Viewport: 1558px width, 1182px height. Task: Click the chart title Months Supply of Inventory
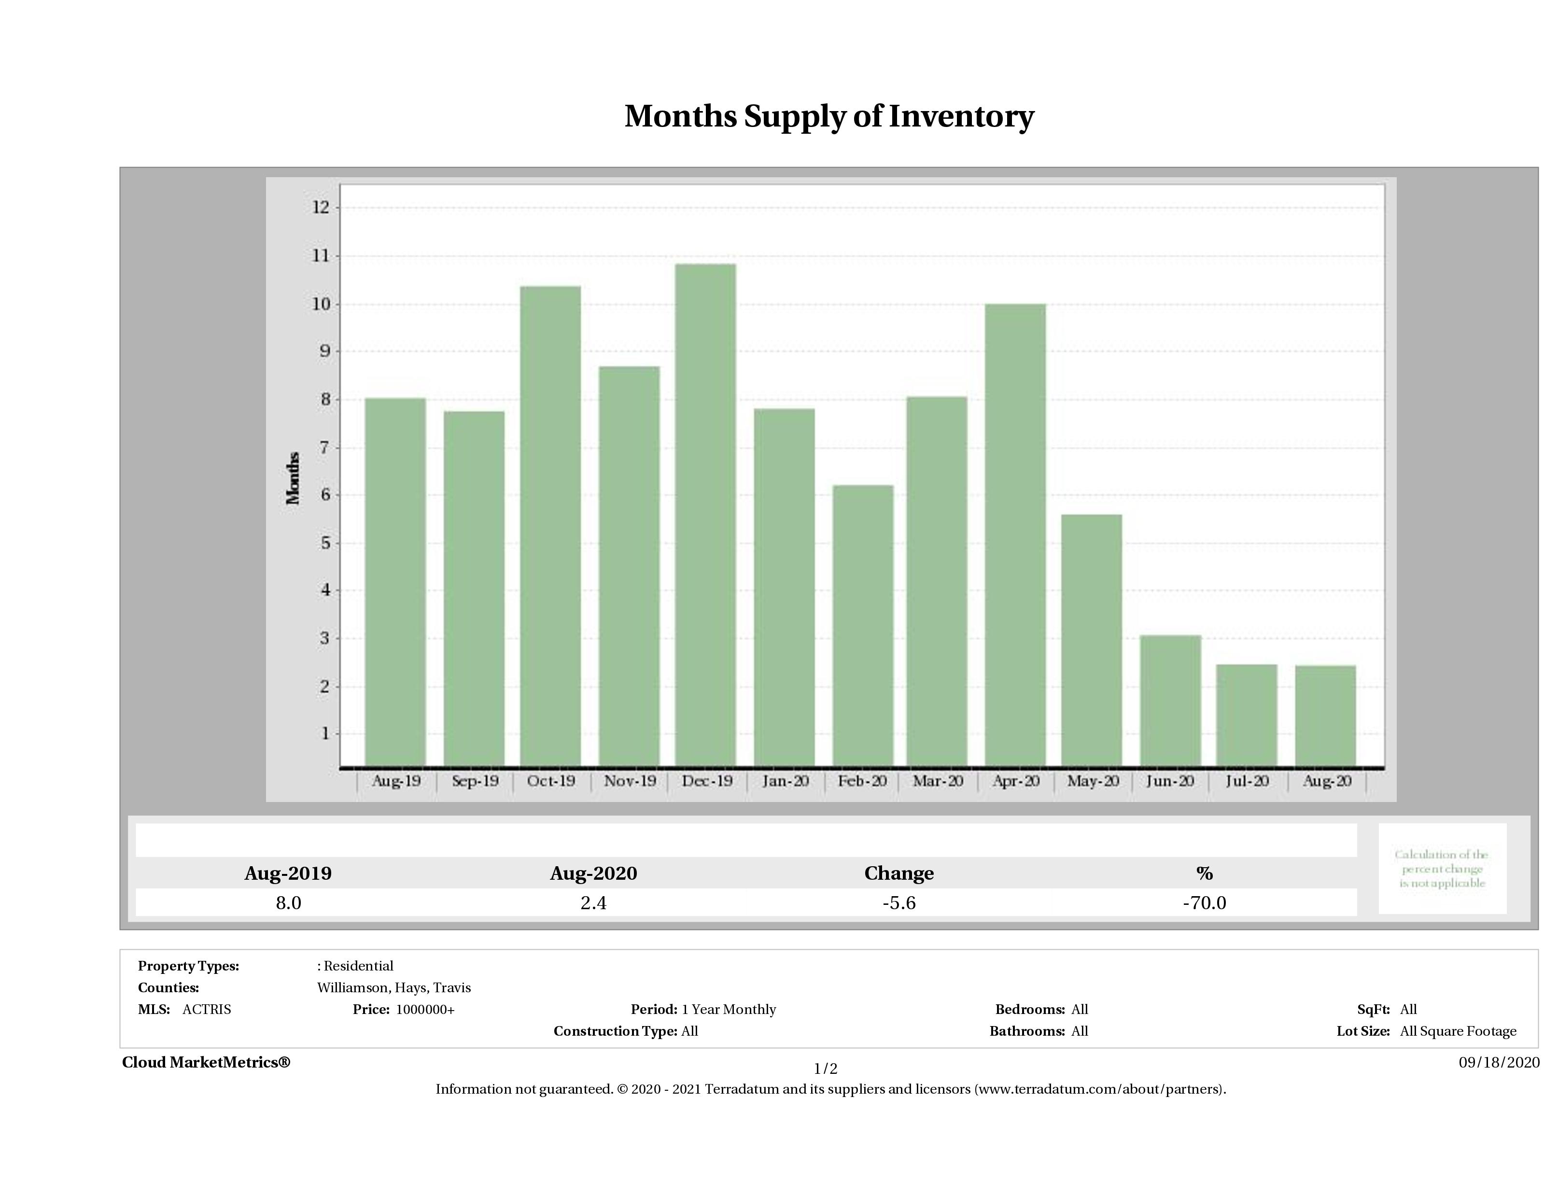[829, 116]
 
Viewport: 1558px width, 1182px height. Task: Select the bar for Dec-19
[705, 514]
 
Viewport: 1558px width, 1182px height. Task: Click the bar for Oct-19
[550, 525]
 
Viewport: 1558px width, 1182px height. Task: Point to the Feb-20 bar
[862, 625]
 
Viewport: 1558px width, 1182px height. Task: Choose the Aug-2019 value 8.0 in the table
[288, 903]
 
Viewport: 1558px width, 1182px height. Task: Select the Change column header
[899, 873]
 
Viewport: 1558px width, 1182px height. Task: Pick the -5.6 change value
[899, 903]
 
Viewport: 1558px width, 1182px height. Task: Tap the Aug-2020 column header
[593, 873]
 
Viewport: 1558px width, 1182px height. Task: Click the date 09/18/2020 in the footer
[1499, 1062]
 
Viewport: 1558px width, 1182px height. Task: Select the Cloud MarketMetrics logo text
[206, 1062]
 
